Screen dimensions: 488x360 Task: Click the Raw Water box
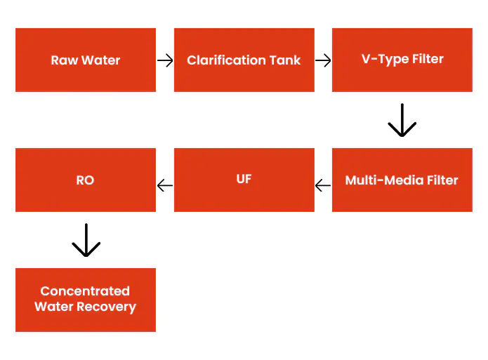tap(86, 60)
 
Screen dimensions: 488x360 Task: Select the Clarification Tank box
tap(244, 60)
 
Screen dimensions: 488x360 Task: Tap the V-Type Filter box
tap(402, 60)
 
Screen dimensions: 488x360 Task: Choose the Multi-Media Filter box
tap(402, 180)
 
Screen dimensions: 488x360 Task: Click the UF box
tap(244, 180)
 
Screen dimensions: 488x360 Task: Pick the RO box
tap(86, 180)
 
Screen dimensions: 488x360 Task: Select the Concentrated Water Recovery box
tap(86, 300)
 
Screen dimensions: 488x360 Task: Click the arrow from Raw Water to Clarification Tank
tap(165, 60)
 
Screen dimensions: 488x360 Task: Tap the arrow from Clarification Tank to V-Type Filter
tap(323, 60)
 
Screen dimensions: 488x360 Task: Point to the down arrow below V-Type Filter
tap(402, 120)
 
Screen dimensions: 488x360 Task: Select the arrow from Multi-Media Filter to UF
tap(323, 186)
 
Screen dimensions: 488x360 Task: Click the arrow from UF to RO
tap(165, 186)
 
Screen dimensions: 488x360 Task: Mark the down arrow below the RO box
tap(86, 240)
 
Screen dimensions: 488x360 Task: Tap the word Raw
tap(65, 60)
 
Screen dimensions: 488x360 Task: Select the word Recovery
tap(107, 307)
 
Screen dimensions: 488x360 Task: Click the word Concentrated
tap(85, 291)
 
